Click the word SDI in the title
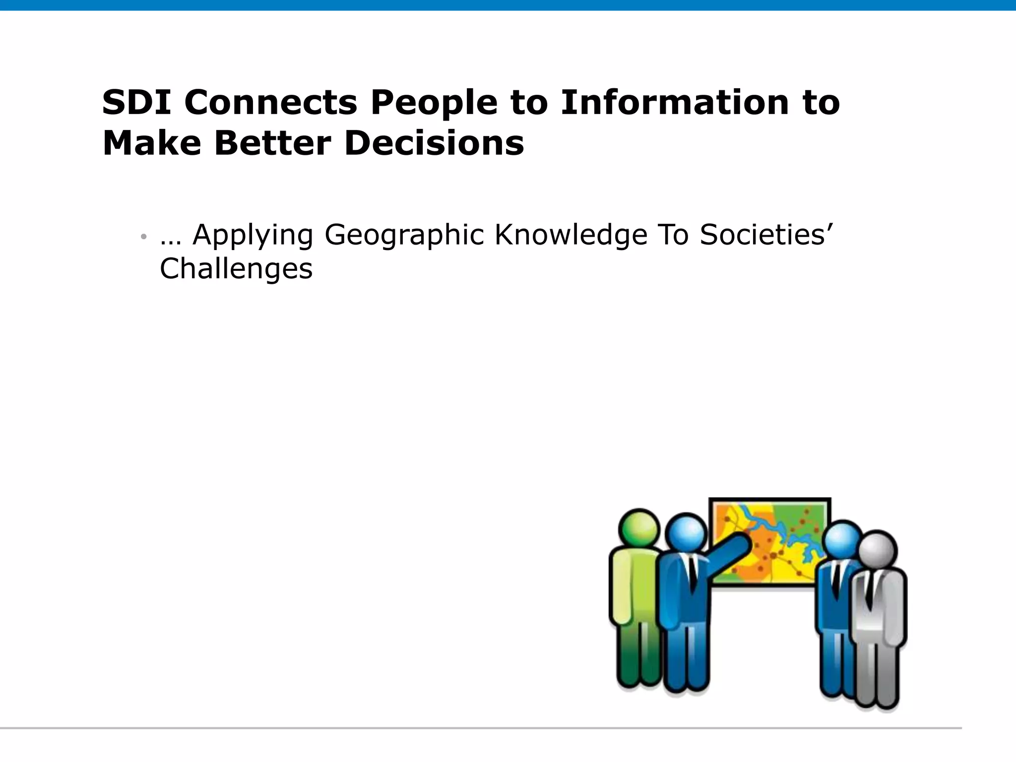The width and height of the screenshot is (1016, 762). pos(136,103)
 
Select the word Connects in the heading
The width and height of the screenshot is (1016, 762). pos(271,103)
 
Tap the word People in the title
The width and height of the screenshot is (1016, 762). pos(434,103)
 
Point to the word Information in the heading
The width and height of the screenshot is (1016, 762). pos(675,103)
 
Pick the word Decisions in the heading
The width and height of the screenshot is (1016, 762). pos(434,143)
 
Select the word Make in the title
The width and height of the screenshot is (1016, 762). pos(152,143)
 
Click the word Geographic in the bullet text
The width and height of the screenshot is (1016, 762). pos(404,235)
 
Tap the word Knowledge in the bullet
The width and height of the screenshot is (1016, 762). pos(571,235)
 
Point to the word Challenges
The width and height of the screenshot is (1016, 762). pos(236,269)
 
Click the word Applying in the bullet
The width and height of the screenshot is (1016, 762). pos(253,235)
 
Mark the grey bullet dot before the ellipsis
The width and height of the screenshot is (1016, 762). pos(143,237)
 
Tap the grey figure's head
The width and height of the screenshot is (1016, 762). pos(877,550)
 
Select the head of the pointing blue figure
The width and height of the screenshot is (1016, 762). pos(686,534)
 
